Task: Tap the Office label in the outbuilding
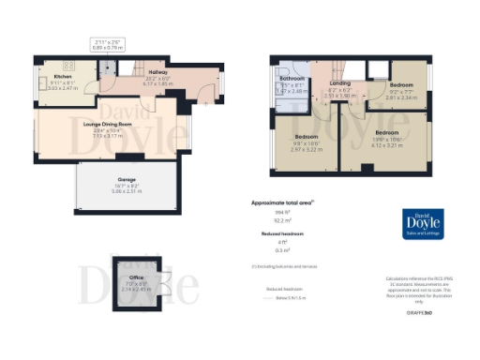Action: [x=138, y=278]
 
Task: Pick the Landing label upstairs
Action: [x=340, y=83]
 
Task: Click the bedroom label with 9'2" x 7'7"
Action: [x=403, y=84]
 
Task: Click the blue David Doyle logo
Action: [x=423, y=224]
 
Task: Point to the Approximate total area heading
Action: [x=281, y=202]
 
